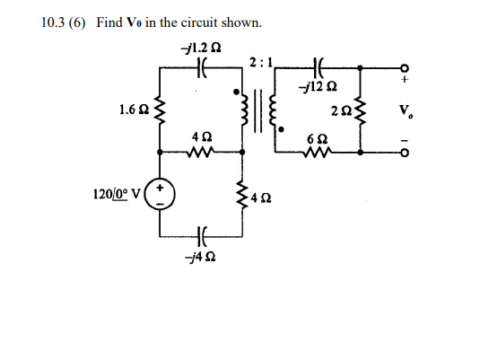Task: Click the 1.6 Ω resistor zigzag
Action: pos(161,114)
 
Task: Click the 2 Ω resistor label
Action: pos(340,110)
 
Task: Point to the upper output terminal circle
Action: pos(405,66)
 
